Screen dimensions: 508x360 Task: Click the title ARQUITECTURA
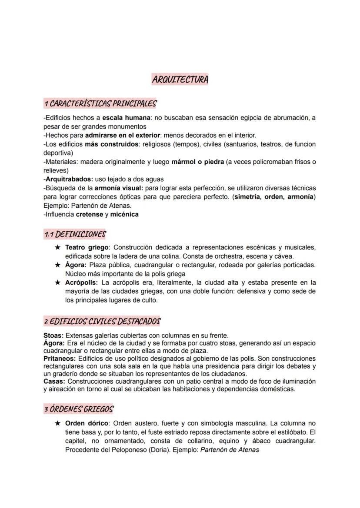(180, 80)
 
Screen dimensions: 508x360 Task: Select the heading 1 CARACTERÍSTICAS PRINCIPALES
(100, 103)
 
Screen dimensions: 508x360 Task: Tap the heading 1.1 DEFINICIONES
(75, 234)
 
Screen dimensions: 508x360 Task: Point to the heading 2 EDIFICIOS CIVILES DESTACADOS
(102, 322)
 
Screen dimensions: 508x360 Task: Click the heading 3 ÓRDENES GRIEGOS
(78, 409)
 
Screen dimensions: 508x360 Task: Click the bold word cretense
(89, 214)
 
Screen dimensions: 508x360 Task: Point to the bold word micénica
(124, 214)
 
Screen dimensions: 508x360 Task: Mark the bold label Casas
(54, 381)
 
